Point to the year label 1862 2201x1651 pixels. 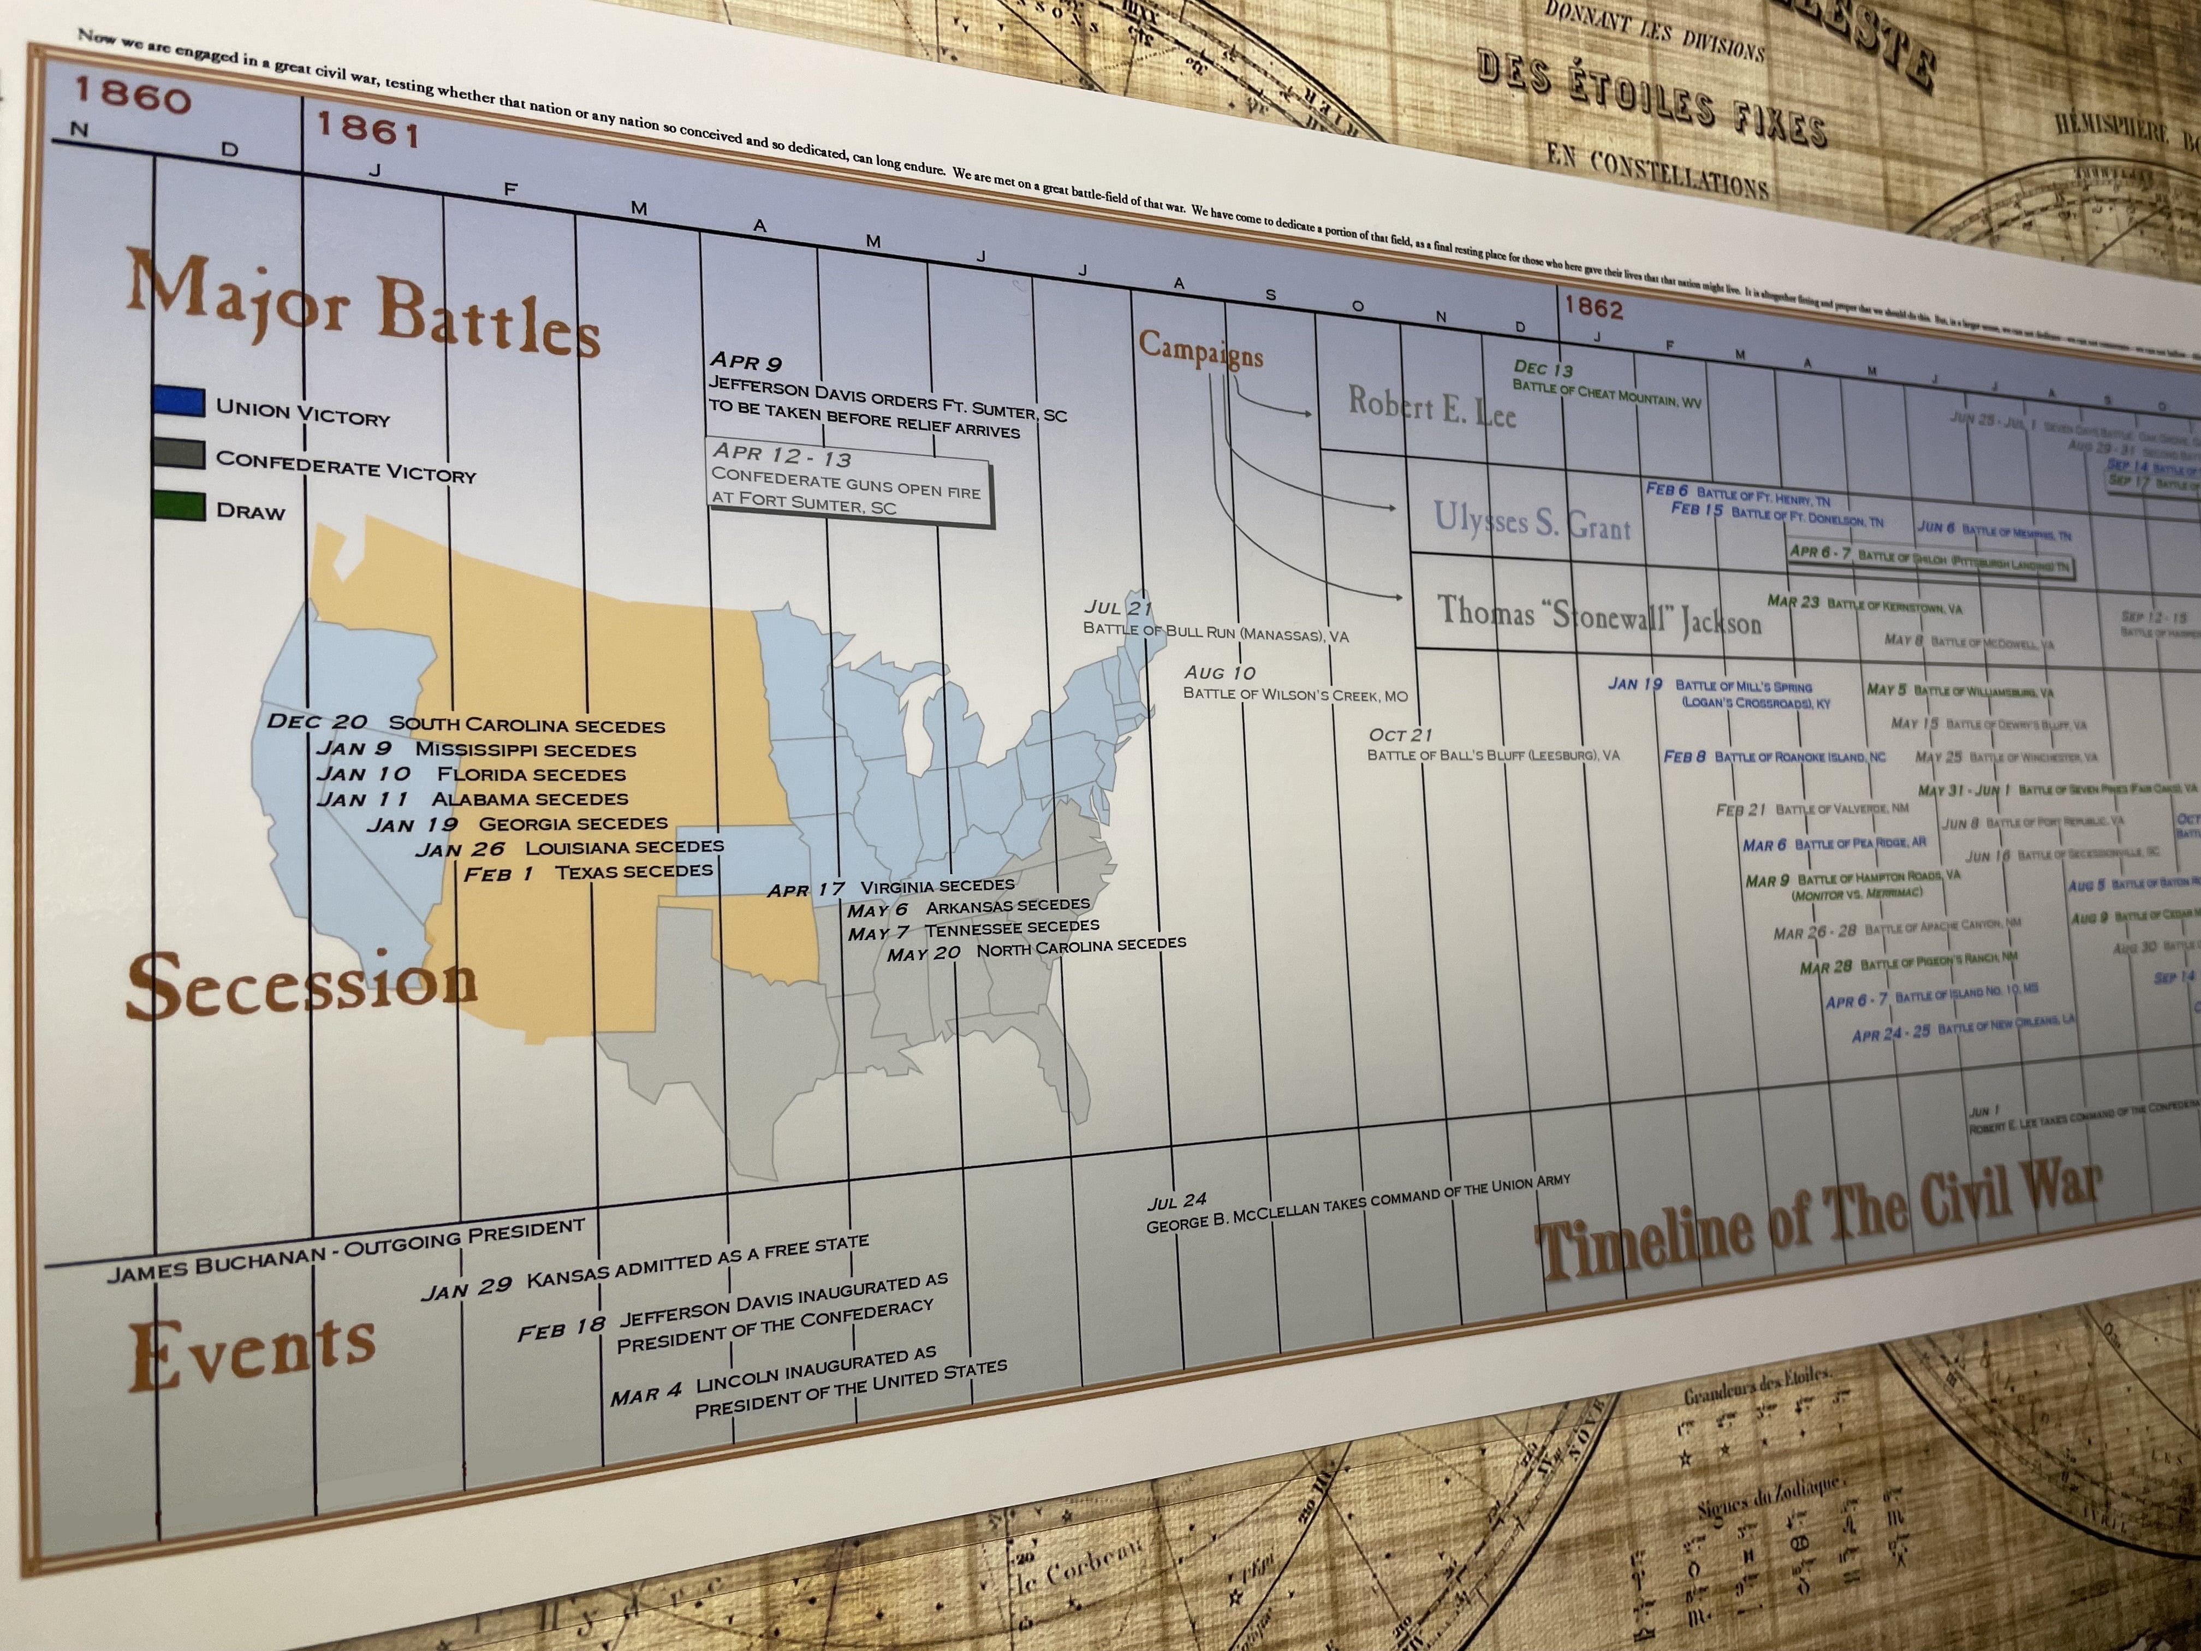pyautogui.click(x=1593, y=307)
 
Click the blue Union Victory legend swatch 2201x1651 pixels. pyautogui.click(x=180, y=400)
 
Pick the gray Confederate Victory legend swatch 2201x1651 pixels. pyautogui.click(x=180, y=454)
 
